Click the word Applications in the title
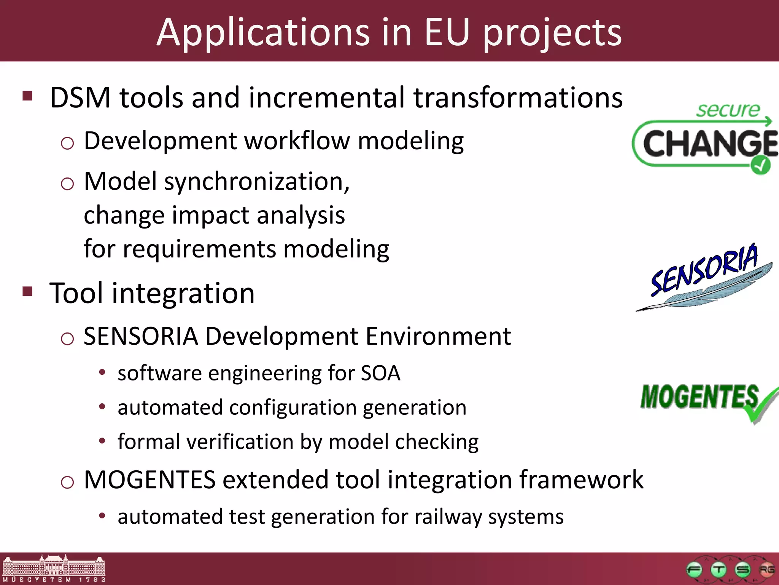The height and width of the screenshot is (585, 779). tap(263, 33)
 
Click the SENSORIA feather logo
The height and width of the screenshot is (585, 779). tap(704, 278)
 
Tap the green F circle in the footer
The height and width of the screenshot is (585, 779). tap(694, 570)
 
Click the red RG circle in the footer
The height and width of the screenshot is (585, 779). tap(766, 570)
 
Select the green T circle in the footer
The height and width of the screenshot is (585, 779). tap(719, 570)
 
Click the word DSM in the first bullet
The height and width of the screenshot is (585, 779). tap(80, 98)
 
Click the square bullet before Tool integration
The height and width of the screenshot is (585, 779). tap(27, 291)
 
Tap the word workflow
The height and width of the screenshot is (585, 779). tap(297, 141)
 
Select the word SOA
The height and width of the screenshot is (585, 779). tap(380, 373)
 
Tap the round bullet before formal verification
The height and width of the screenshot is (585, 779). tap(102, 441)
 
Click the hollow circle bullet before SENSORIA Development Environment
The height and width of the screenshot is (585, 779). tap(67, 338)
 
